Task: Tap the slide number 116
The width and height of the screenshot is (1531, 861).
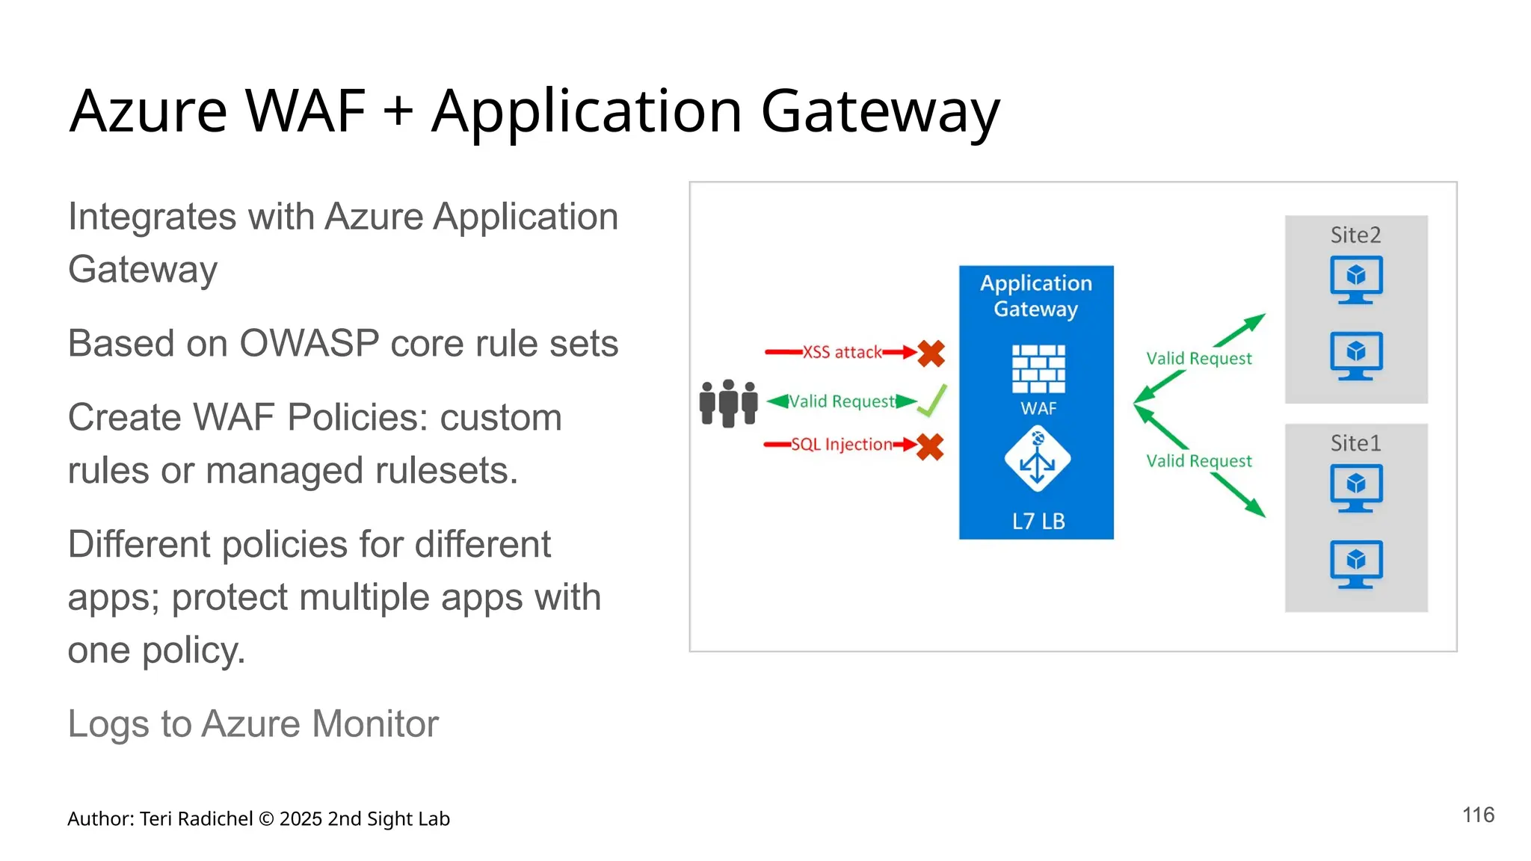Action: pos(1478,815)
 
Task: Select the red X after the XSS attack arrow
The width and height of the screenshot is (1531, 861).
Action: pos(931,353)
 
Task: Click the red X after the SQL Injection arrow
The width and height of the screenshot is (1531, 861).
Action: pos(930,447)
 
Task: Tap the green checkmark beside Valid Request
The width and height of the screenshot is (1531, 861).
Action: pos(932,401)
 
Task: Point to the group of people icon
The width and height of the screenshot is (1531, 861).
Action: pos(728,404)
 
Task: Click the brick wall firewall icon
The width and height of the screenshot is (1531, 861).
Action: pos(1038,368)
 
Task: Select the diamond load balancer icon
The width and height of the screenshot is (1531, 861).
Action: pos(1038,459)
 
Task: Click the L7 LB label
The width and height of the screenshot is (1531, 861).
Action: pos(1038,521)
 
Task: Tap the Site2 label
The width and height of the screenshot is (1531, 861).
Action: pos(1355,235)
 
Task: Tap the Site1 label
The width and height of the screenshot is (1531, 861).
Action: pos(1355,443)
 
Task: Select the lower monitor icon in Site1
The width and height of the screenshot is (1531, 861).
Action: pos(1356,564)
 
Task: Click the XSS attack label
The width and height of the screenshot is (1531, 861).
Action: pos(842,352)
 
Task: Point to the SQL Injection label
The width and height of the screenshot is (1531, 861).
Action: pos(842,445)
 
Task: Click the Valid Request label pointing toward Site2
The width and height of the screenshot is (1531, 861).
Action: pos(1198,359)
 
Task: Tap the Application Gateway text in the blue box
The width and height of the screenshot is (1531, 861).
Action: pos(1036,296)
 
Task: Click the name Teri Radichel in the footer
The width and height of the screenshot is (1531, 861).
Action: pos(196,819)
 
